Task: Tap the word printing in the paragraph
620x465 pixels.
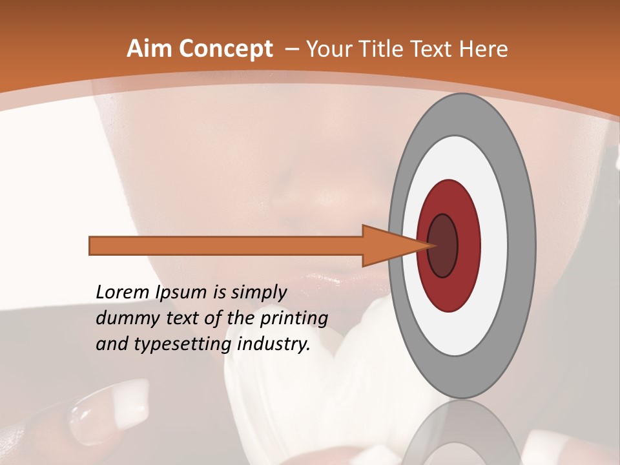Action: click(x=294, y=318)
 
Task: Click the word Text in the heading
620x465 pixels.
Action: click(x=440, y=49)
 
